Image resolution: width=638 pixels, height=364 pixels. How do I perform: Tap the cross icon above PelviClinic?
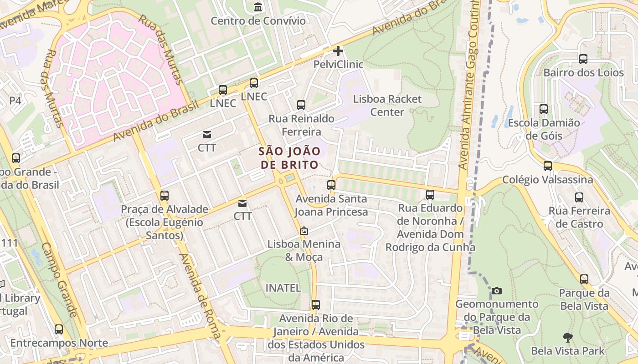[338, 51]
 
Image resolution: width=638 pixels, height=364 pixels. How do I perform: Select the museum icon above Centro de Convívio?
[258, 7]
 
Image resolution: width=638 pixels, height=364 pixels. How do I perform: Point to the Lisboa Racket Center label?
[387, 105]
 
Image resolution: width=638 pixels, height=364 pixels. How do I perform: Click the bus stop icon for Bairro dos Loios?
[583, 59]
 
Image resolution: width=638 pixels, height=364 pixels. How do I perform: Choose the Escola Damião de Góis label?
[544, 129]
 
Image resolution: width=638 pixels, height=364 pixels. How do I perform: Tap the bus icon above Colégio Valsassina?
[548, 166]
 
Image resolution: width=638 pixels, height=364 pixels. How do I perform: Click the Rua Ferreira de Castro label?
[579, 217]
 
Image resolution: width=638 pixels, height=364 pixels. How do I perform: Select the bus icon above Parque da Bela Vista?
[584, 279]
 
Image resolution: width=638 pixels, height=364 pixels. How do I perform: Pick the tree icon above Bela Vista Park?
[567, 338]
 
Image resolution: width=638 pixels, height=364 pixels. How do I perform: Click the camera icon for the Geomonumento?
[497, 291]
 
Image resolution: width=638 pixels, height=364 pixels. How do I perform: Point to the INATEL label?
[283, 288]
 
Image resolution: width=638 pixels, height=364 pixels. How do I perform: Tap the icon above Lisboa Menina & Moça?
[304, 231]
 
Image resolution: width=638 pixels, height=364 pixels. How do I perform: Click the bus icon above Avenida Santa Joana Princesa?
[331, 185]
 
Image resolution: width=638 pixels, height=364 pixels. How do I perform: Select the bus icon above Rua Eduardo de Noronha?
[430, 195]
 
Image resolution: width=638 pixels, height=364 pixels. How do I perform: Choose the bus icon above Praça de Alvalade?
[165, 196]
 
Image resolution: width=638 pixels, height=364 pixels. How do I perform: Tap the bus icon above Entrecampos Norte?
[59, 329]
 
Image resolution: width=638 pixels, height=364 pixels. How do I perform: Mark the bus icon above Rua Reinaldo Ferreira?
[301, 105]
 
